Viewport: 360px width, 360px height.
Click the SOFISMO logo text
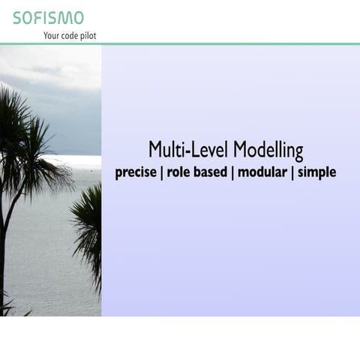tap(48, 17)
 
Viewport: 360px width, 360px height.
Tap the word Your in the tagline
tap(54, 35)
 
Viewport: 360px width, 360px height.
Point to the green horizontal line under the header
tap(180, 43)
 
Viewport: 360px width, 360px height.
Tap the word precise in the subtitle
tap(136, 172)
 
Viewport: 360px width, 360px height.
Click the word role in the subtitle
tap(180, 172)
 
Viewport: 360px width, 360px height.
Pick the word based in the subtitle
tap(211, 172)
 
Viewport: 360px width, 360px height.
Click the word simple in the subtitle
tap(316, 172)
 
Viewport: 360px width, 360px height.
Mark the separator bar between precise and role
tap(161, 172)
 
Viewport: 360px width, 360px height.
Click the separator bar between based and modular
tap(232, 172)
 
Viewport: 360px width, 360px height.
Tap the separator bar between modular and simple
tap(292, 172)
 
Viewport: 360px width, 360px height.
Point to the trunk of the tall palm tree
tap(4, 255)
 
